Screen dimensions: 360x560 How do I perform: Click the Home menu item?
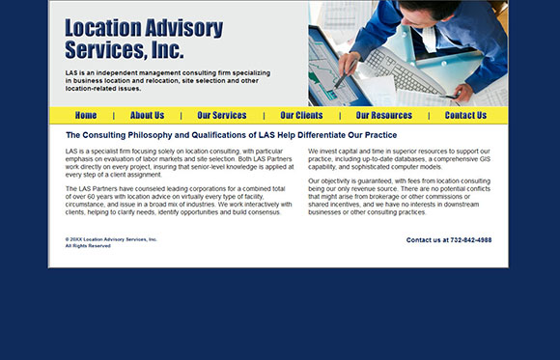click(86, 116)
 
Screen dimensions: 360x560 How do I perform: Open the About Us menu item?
click(147, 116)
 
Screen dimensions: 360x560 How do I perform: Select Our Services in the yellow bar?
click(222, 116)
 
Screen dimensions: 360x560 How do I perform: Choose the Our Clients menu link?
click(301, 116)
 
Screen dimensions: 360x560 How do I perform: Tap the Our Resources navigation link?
click(383, 116)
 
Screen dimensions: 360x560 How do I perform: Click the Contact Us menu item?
click(465, 116)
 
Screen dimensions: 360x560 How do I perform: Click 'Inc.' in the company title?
click(166, 49)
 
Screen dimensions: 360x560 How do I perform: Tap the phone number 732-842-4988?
click(470, 240)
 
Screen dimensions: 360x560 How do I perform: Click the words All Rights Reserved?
click(88, 246)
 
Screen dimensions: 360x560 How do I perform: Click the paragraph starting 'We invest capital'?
click(401, 161)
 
